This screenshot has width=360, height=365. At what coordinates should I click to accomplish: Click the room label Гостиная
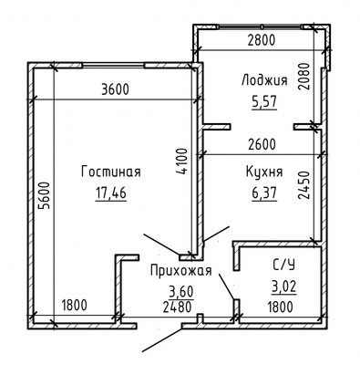tap(109, 171)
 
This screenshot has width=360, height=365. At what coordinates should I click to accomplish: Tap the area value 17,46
tap(109, 192)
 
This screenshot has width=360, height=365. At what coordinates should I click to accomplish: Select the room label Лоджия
tap(262, 80)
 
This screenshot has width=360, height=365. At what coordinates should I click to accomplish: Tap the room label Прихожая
tap(180, 270)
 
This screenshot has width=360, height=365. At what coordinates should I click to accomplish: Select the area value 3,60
tap(180, 291)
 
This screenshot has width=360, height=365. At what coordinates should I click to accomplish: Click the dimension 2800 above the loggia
tap(262, 38)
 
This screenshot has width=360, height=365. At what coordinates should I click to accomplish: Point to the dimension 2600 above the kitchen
tap(263, 143)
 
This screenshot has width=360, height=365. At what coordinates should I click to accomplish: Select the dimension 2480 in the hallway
tap(180, 307)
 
